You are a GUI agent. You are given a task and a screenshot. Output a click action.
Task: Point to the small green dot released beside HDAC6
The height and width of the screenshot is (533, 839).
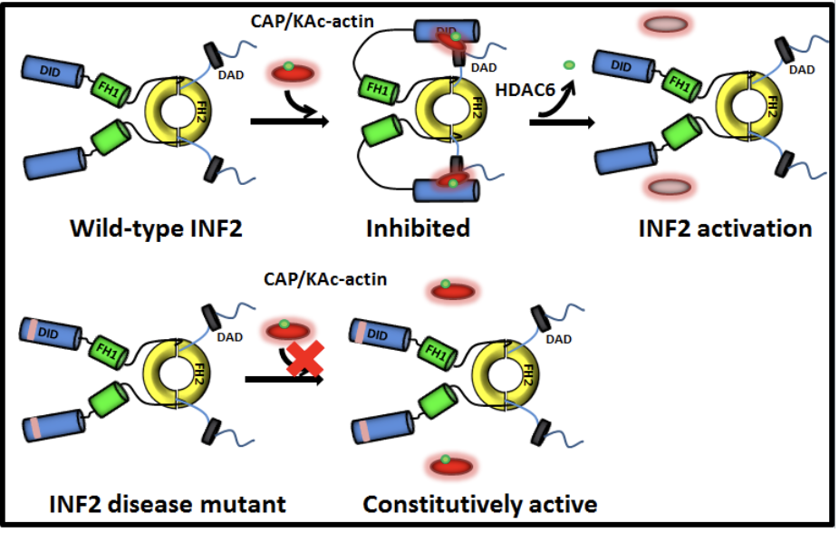(x=569, y=64)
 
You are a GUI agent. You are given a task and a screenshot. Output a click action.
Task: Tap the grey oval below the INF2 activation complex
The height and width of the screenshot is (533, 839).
(x=668, y=187)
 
